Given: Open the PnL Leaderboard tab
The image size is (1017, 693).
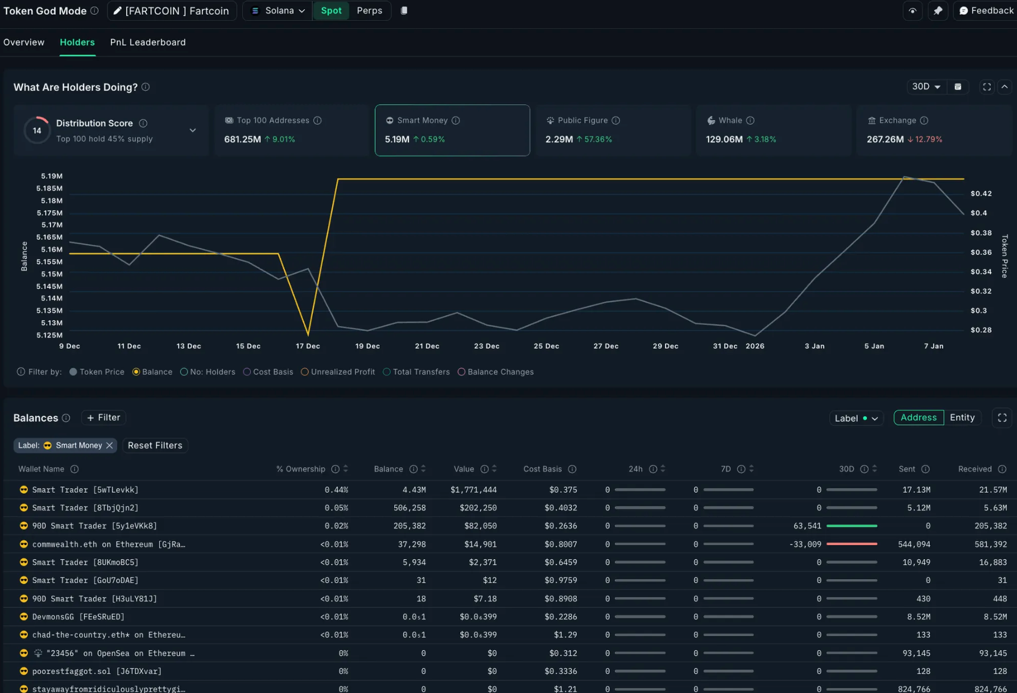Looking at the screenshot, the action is (x=148, y=42).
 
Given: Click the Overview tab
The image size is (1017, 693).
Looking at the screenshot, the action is (x=24, y=42).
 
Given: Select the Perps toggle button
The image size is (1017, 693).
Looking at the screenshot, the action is (x=369, y=11).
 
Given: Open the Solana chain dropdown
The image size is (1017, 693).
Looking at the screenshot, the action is (x=278, y=11).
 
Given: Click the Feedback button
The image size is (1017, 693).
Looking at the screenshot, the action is (x=986, y=11).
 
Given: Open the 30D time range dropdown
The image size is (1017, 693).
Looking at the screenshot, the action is (x=926, y=86).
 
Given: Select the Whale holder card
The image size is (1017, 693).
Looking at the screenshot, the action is (x=773, y=130).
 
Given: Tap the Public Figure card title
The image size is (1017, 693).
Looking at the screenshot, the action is (x=582, y=121).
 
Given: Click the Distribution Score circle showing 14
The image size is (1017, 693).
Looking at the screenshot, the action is (x=37, y=130).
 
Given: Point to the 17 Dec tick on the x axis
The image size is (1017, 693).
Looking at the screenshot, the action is (x=308, y=346).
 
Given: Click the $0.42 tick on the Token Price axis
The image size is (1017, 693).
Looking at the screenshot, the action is (x=981, y=193).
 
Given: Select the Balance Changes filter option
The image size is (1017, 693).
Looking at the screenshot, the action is (x=496, y=372).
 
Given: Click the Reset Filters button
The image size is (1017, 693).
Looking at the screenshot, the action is (x=155, y=445).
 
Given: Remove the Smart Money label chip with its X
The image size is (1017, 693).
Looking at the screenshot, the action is (x=109, y=445).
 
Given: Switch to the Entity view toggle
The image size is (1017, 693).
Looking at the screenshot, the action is (x=962, y=418).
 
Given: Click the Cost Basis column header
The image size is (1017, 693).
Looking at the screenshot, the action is (x=542, y=469).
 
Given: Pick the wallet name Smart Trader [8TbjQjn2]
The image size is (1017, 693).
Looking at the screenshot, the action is (x=85, y=508).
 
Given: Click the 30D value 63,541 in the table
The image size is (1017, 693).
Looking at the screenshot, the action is (x=807, y=526).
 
